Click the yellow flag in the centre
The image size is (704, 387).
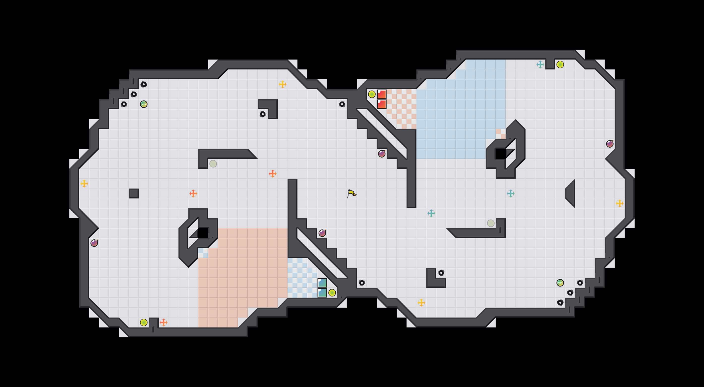point(352,193)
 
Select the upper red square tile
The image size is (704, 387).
point(381,94)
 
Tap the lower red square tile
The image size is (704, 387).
point(381,104)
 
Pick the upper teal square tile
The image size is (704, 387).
point(322,283)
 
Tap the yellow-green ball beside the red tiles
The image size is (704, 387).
point(372,94)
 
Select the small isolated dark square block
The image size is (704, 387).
point(134,193)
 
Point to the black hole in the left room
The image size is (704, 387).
point(203,233)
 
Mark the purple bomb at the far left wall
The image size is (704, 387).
point(94,243)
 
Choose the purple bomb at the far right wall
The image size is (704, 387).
point(610,144)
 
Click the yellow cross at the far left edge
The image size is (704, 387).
point(84,184)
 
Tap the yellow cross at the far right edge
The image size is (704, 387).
point(619,203)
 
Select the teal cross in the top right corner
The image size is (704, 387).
point(540,64)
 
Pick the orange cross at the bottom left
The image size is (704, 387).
point(163,322)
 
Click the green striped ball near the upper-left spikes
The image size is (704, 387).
point(144,104)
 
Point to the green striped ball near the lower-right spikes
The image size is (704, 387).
point(560,283)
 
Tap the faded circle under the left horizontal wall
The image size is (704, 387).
point(213,163)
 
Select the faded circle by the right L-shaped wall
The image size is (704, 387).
point(491,223)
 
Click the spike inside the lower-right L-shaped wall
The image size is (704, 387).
point(441,273)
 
